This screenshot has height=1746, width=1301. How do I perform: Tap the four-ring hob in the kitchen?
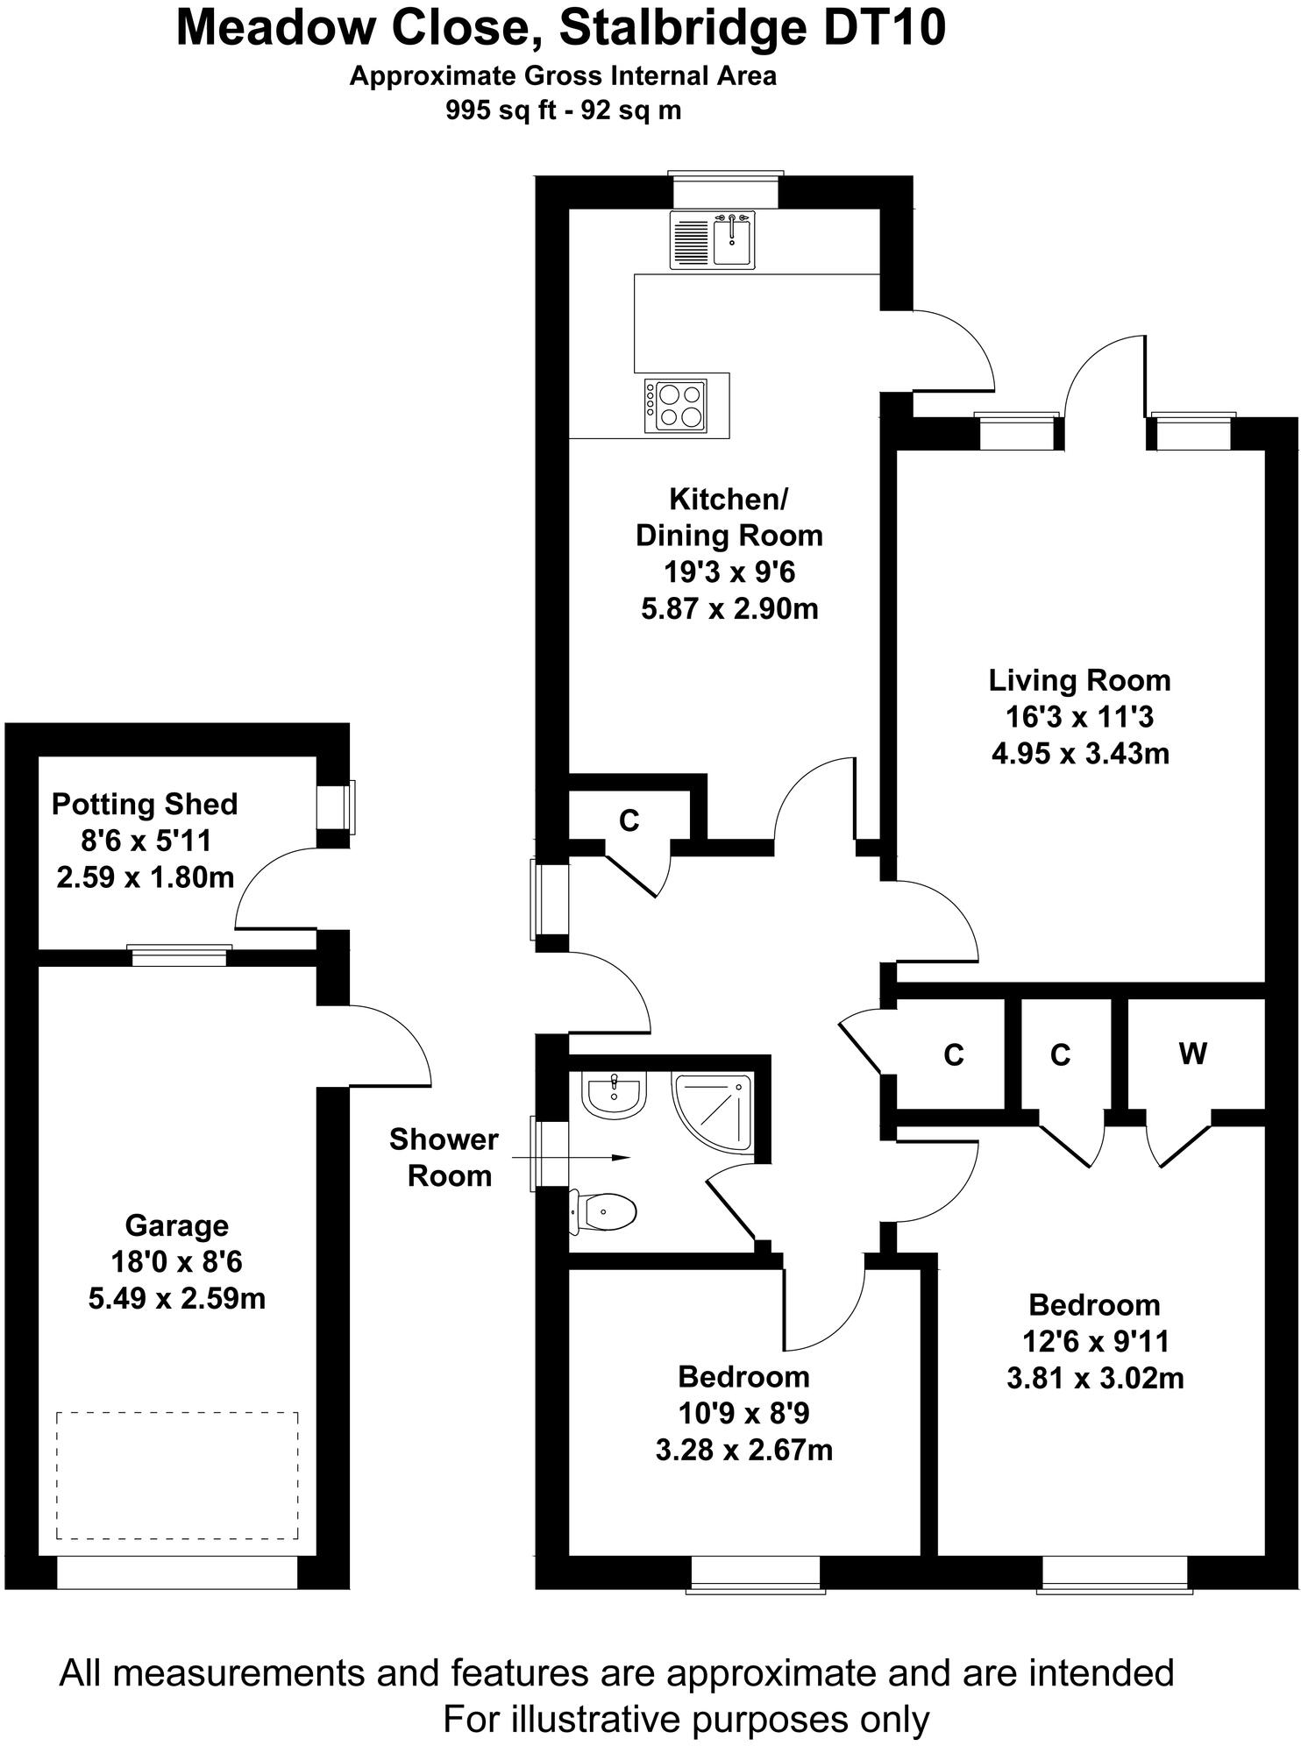click(675, 405)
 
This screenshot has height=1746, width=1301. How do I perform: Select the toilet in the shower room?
click(605, 1213)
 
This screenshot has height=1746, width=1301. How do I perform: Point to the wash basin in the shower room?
click(614, 1094)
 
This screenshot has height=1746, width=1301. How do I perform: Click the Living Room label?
click(1079, 680)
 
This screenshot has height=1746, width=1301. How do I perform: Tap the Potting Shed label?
click(145, 804)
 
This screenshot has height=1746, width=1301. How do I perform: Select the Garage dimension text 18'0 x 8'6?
click(176, 1261)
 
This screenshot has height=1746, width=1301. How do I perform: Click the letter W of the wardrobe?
click(1192, 1054)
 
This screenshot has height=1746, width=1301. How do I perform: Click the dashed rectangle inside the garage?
click(177, 1475)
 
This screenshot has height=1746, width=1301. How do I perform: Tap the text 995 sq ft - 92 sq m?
click(563, 110)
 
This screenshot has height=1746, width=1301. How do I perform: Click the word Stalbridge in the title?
click(684, 28)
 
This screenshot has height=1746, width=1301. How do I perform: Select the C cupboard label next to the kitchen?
click(629, 820)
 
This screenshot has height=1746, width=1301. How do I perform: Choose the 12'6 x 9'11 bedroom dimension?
click(1095, 1341)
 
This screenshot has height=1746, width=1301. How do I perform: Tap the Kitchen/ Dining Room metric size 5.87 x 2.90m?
click(729, 608)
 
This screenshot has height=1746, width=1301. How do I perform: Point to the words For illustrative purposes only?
click(686, 1720)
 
